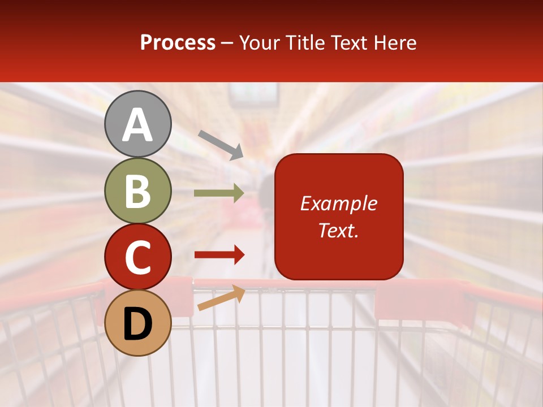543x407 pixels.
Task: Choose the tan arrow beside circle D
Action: pyautogui.click(x=221, y=298)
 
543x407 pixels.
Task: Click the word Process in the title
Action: pyautogui.click(x=178, y=43)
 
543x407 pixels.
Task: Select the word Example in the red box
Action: pyautogui.click(x=339, y=203)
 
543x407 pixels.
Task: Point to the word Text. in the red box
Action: pyautogui.click(x=339, y=230)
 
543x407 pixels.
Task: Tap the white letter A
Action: pyautogui.click(x=137, y=125)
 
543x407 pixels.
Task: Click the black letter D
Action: pyautogui.click(x=137, y=323)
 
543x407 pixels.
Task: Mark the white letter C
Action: pyautogui.click(x=137, y=257)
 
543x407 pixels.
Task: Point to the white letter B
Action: pyautogui.click(x=137, y=191)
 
